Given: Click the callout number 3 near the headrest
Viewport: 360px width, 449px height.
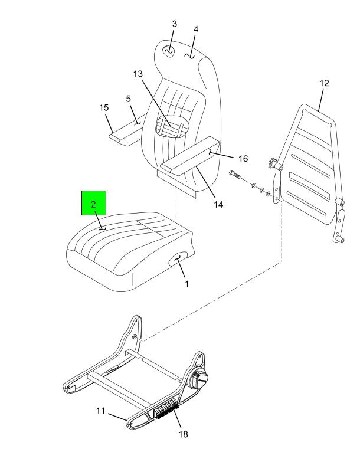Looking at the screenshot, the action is pos(175,24).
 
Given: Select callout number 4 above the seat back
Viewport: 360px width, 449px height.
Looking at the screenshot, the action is pos(195,30).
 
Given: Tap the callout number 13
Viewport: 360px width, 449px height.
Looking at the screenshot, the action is pos(138,74).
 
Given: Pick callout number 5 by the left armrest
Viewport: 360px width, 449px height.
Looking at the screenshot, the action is pos(128,99).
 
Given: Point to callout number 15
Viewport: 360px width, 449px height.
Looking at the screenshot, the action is pos(104,107).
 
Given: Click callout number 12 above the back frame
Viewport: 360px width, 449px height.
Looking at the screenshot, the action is pos(324,83).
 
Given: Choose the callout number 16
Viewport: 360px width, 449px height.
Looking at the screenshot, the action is pos(243,159).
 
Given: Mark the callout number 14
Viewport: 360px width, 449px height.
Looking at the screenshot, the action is pos(218,205).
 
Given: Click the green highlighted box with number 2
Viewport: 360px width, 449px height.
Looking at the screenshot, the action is pos(94,203).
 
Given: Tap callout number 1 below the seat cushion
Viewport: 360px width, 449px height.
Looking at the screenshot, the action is pos(186,284).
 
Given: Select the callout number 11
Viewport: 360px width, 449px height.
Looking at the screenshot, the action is pos(100,411).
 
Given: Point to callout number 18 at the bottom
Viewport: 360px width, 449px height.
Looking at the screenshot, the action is pos(184,434).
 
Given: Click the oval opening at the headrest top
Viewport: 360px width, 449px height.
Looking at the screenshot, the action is pos(169,51).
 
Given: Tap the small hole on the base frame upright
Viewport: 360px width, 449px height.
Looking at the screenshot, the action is pos(135,336).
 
